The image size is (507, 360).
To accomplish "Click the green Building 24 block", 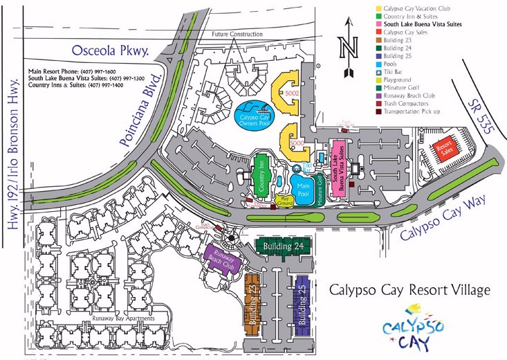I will (x=284, y=246).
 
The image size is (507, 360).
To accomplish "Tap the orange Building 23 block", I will (x=253, y=302).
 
